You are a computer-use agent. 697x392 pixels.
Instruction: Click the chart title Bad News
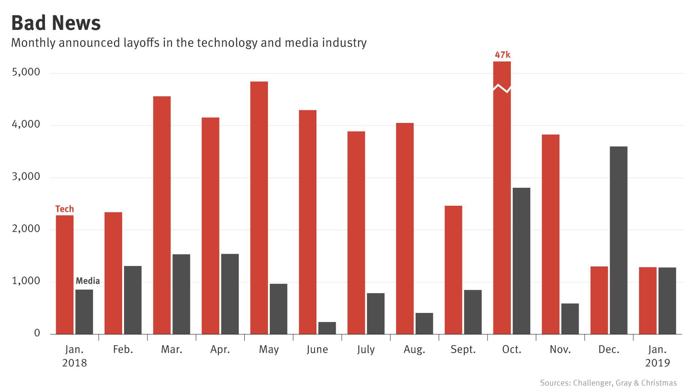click(x=56, y=23)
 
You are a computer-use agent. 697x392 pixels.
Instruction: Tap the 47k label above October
click(x=502, y=55)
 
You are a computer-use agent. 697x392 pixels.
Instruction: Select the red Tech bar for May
click(x=259, y=208)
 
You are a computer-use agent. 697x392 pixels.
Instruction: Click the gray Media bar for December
click(x=618, y=240)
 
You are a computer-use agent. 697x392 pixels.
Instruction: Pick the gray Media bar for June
click(x=327, y=328)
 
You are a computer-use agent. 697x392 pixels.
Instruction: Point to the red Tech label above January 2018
click(x=64, y=209)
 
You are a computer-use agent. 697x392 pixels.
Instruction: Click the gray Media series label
click(x=88, y=281)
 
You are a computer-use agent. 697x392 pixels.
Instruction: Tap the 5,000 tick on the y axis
click(x=26, y=72)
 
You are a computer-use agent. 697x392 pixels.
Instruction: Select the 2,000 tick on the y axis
click(x=26, y=229)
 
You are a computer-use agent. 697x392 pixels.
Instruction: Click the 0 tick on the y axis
click(x=37, y=333)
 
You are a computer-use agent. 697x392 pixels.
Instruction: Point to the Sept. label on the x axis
click(x=463, y=350)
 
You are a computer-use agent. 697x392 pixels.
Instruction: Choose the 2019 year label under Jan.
click(x=657, y=363)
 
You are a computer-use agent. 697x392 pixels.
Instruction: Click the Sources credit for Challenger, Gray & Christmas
click(x=608, y=383)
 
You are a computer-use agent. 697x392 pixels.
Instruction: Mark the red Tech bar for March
click(x=162, y=215)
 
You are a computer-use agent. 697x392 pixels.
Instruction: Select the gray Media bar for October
click(x=521, y=261)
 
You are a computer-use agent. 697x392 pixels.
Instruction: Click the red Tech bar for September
click(x=453, y=270)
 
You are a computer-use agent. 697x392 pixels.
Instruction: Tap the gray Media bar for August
click(x=424, y=323)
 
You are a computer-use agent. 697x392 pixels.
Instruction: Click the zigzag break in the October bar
click(x=502, y=88)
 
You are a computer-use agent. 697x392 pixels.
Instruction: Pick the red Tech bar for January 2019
click(x=648, y=301)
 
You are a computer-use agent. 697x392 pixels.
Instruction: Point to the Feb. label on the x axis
click(x=123, y=350)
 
